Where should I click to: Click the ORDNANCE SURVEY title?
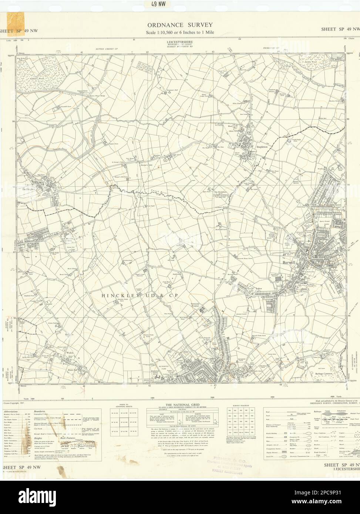click(x=180, y=25)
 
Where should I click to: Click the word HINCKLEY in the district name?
click(x=117, y=295)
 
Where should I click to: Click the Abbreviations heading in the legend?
click(x=13, y=412)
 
